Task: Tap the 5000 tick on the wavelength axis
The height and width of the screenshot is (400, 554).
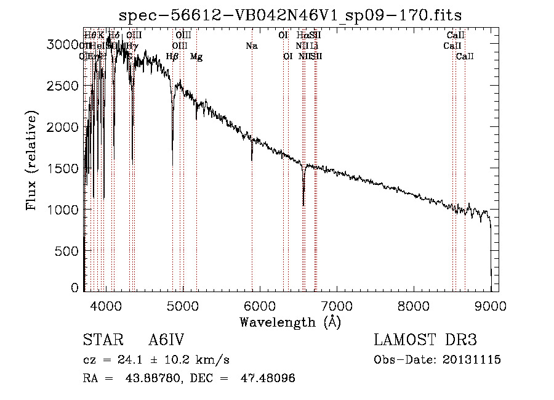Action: point(182,305)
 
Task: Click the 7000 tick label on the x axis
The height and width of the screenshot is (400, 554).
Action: point(337,305)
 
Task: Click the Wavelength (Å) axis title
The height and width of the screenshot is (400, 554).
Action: point(290,322)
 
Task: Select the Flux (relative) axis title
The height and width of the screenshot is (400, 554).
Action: point(32,160)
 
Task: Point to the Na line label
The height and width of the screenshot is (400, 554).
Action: point(251,46)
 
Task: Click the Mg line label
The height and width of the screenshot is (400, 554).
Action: point(196,57)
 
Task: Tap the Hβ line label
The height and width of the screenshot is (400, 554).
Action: point(172,57)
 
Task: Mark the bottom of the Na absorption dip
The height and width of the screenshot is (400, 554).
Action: point(252,160)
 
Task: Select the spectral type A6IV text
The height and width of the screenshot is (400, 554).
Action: point(166,340)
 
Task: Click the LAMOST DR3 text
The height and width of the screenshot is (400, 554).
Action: point(425,340)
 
